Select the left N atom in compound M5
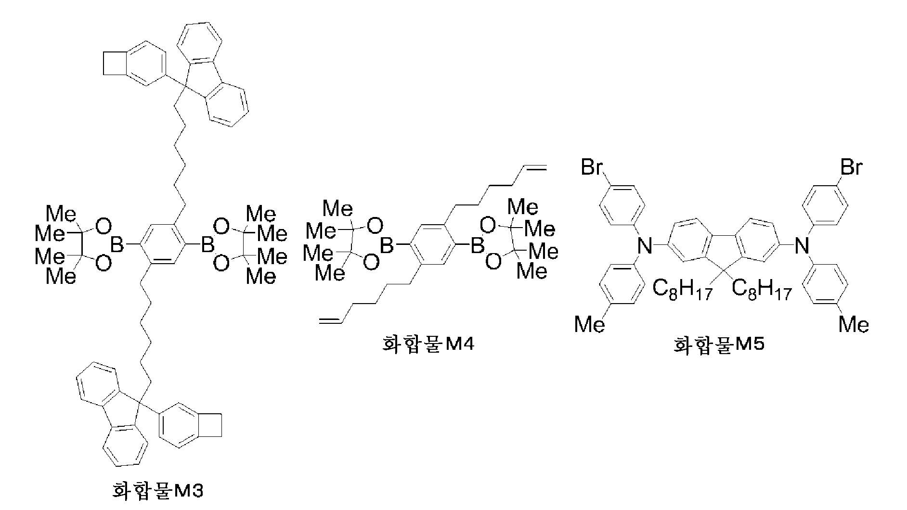645,246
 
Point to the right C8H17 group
762,290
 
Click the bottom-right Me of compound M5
854,325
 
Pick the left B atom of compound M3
117,245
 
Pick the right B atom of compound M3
207,245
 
